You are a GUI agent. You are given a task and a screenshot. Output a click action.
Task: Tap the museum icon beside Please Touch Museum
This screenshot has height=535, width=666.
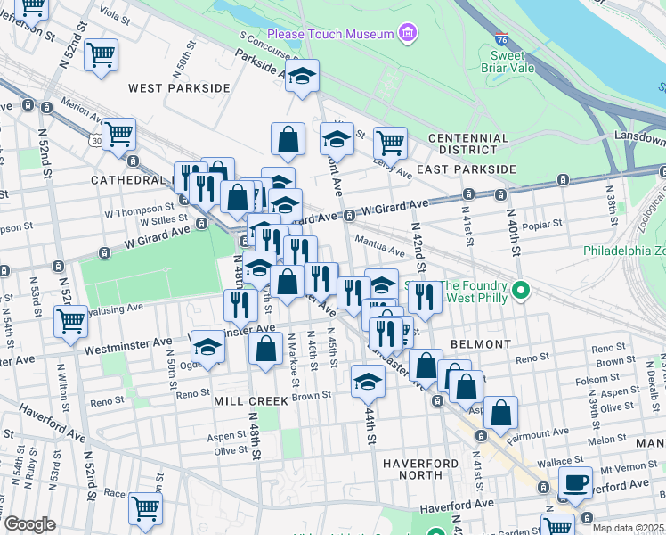(x=408, y=34)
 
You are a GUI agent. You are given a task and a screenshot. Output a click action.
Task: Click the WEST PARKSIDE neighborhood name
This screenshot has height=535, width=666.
(x=179, y=88)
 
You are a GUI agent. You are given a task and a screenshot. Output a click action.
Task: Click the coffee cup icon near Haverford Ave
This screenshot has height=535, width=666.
(x=574, y=482)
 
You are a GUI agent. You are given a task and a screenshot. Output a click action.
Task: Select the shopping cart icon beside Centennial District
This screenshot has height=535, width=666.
(x=390, y=141)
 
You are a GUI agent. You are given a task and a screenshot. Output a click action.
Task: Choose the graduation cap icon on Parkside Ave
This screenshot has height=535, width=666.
(x=303, y=77)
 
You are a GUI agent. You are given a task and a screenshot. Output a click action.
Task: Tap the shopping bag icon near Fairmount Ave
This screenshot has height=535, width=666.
(x=501, y=412)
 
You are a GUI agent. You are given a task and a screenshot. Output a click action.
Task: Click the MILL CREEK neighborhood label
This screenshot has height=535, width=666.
(x=251, y=401)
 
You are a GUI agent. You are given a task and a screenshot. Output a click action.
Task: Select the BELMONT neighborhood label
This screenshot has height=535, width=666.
(x=481, y=343)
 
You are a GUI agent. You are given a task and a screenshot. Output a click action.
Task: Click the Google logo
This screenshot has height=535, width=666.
(x=29, y=525)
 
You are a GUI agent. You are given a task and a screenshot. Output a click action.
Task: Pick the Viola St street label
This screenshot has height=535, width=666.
(x=116, y=13)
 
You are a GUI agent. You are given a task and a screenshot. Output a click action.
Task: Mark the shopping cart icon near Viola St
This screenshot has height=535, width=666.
(x=101, y=55)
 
